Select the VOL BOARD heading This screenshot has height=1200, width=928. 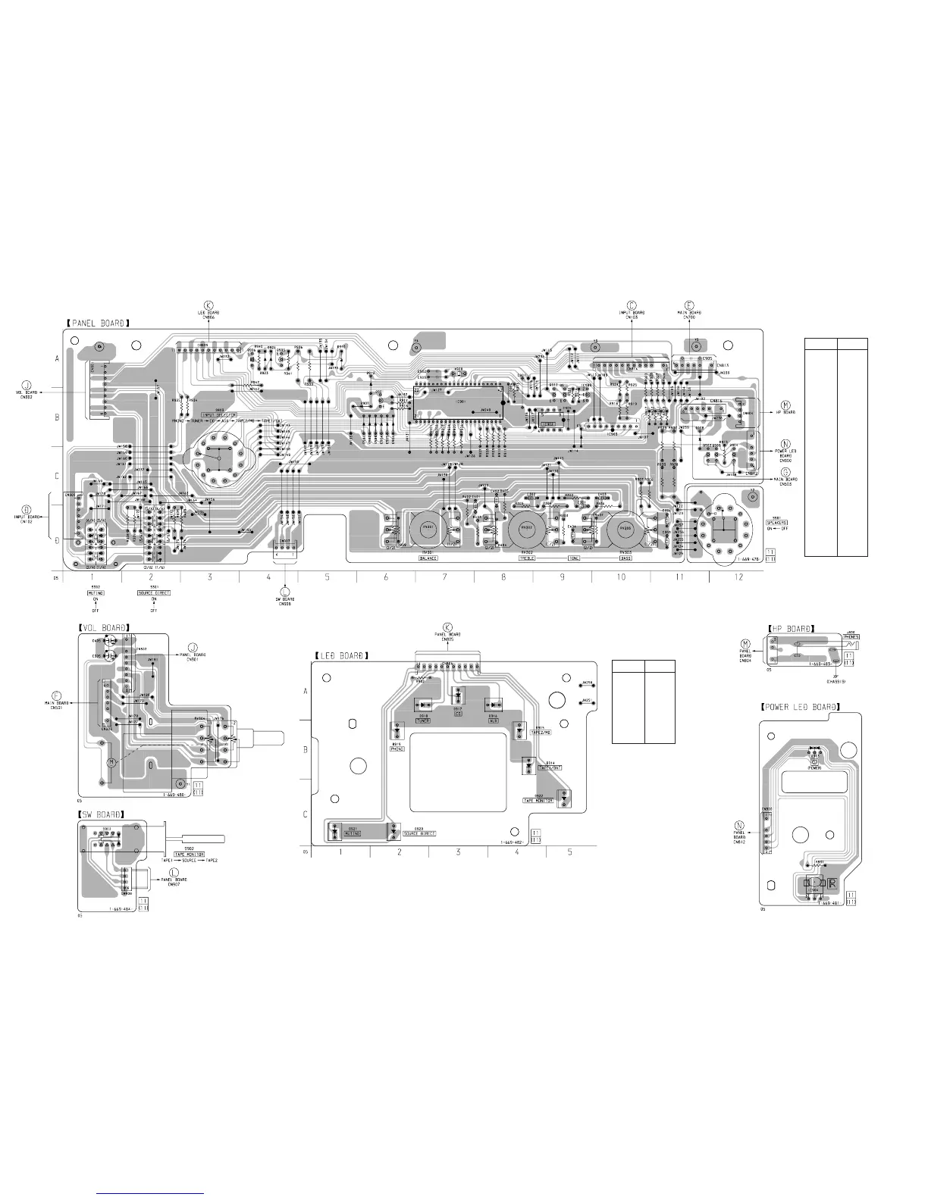pos(104,627)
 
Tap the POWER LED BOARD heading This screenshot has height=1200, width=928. pos(800,707)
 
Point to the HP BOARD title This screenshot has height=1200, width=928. pos(791,628)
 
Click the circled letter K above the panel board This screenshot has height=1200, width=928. pos(209,305)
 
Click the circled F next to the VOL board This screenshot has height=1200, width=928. pos(56,695)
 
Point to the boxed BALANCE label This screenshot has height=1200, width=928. pos(428,558)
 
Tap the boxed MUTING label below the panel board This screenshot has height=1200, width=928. pos(96,592)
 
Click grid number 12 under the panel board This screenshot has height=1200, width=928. pos(738,577)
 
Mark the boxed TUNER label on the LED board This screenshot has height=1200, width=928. pos(423,720)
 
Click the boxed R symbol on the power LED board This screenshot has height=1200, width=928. pos(832,883)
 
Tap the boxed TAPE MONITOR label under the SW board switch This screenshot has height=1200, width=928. pos(189,854)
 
